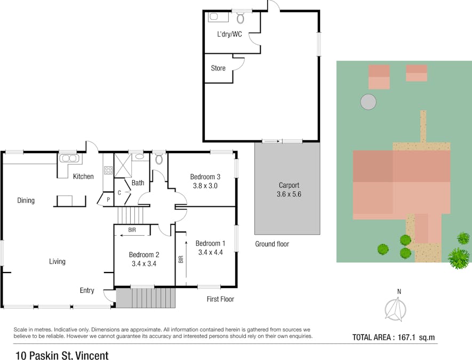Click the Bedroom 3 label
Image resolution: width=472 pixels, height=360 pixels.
click(x=205, y=177)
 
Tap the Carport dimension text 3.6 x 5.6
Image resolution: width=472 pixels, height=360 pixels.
click(x=289, y=194)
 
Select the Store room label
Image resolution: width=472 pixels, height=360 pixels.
click(x=218, y=68)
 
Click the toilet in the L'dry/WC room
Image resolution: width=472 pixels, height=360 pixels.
click(x=240, y=18)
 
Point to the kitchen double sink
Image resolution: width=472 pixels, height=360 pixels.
click(x=70, y=158)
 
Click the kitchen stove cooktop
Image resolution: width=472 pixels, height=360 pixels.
click(x=108, y=170)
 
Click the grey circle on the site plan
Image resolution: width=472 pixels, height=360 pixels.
click(x=368, y=102)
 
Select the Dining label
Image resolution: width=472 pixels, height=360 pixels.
click(x=26, y=201)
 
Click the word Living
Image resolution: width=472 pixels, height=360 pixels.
click(x=57, y=261)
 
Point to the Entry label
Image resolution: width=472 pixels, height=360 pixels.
click(x=87, y=291)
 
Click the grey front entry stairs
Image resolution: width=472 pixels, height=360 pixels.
click(x=146, y=298)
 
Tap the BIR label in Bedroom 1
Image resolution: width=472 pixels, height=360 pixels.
click(x=181, y=259)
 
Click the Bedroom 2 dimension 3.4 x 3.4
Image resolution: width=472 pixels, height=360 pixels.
click(x=144, y=263)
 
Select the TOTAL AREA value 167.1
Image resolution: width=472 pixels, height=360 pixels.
click(x=406, y=338)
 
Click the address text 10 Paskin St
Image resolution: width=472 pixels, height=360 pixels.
click(x=44, y=356)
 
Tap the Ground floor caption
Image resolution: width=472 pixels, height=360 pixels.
click(x=272, y=244)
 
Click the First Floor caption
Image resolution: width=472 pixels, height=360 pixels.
click(x=220, y=299)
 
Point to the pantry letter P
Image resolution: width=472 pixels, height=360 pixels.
click(x=108, y=199)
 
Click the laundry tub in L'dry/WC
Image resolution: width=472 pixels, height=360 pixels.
click(x=218, y=17)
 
